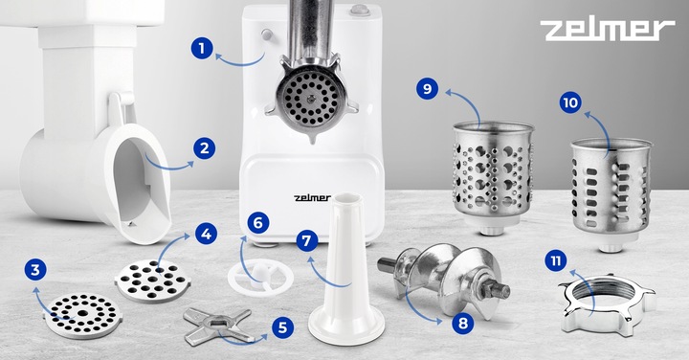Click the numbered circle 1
202,48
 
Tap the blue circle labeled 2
205,148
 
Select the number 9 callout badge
428,89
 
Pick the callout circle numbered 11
556,261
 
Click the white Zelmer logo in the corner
608,30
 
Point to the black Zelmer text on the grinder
312,198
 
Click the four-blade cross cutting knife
218,326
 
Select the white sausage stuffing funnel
346,269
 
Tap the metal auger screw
444,278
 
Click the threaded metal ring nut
608,304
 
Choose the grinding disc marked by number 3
82,316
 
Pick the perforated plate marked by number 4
152,281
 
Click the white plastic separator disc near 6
260,277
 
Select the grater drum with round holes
493,177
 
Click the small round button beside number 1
266,34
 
